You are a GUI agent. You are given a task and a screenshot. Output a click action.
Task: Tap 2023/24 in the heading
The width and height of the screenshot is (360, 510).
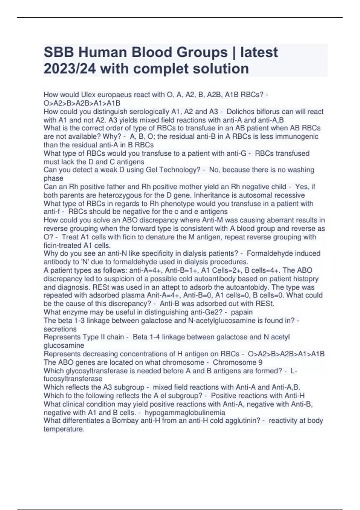(x=70, y=69)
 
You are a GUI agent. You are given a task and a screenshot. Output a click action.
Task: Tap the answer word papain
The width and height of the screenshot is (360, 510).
(x=241, y=312)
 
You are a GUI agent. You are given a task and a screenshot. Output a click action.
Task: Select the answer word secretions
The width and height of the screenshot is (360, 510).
(x=60, y=329)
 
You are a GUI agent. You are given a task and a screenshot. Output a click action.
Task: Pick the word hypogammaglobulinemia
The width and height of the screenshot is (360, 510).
(x=185, y=412)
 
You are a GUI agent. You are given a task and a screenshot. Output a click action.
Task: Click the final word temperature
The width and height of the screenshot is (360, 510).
(x=64, y=429)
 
